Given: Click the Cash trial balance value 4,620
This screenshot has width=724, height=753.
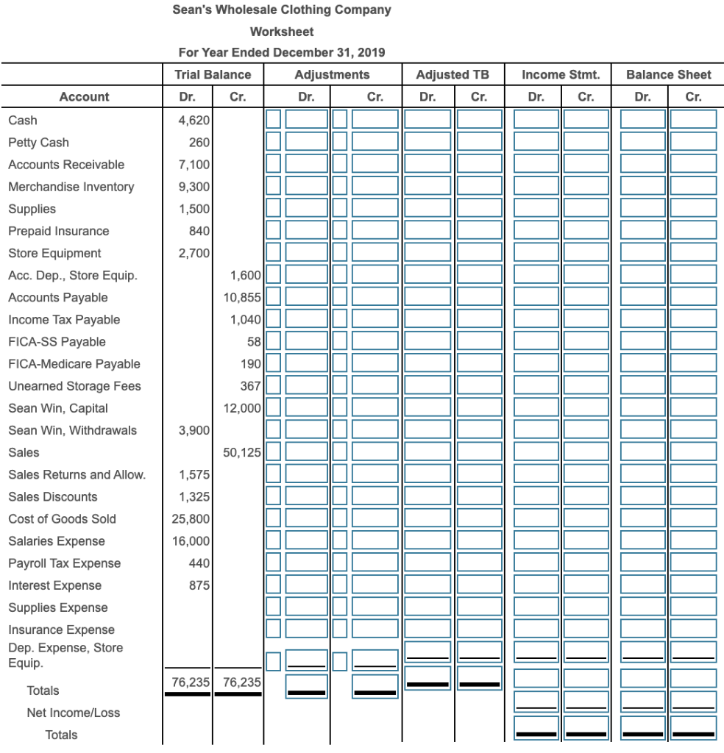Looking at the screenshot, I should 194,120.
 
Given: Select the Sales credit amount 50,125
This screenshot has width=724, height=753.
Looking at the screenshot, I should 241,452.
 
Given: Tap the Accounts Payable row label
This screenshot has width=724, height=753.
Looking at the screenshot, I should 58,297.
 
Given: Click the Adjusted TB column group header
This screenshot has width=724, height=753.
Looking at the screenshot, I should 452,74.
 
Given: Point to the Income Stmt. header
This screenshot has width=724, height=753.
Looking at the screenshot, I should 561,74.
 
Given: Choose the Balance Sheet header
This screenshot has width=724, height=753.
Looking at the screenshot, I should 668,74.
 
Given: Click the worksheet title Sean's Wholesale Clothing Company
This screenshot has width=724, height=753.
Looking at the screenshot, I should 282,10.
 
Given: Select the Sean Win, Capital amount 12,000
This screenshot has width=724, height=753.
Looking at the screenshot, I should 241,408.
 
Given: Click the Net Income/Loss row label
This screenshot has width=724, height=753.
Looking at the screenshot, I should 73,713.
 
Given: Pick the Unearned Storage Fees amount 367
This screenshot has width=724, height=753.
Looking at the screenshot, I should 250,386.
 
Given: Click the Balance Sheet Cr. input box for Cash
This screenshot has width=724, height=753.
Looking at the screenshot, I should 693,120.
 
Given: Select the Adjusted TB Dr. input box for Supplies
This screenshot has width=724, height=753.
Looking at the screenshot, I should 427,209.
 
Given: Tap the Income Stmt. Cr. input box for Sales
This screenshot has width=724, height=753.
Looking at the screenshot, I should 586,452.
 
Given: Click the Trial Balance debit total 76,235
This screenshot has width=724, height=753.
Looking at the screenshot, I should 188,682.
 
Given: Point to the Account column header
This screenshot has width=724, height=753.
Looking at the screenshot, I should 84,96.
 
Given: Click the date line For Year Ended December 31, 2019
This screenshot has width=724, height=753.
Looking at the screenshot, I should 282,52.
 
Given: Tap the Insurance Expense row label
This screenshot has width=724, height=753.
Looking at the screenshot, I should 62,629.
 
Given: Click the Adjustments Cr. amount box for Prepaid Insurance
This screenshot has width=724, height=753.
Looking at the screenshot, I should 375,231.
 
